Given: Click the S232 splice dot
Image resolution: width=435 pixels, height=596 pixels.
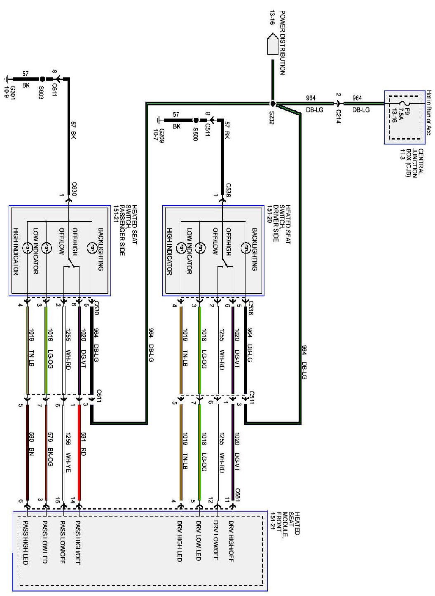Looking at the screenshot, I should (272, 104).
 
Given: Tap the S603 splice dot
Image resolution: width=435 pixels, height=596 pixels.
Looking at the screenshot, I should (42, 79).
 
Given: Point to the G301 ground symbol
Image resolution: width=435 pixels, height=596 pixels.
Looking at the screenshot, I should (7, 79).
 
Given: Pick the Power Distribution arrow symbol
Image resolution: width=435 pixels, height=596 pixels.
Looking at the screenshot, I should (272, 44).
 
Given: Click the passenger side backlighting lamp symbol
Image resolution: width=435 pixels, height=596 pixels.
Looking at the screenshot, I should (91, 248).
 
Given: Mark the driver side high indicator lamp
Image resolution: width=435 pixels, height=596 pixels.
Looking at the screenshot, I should (180, 248).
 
